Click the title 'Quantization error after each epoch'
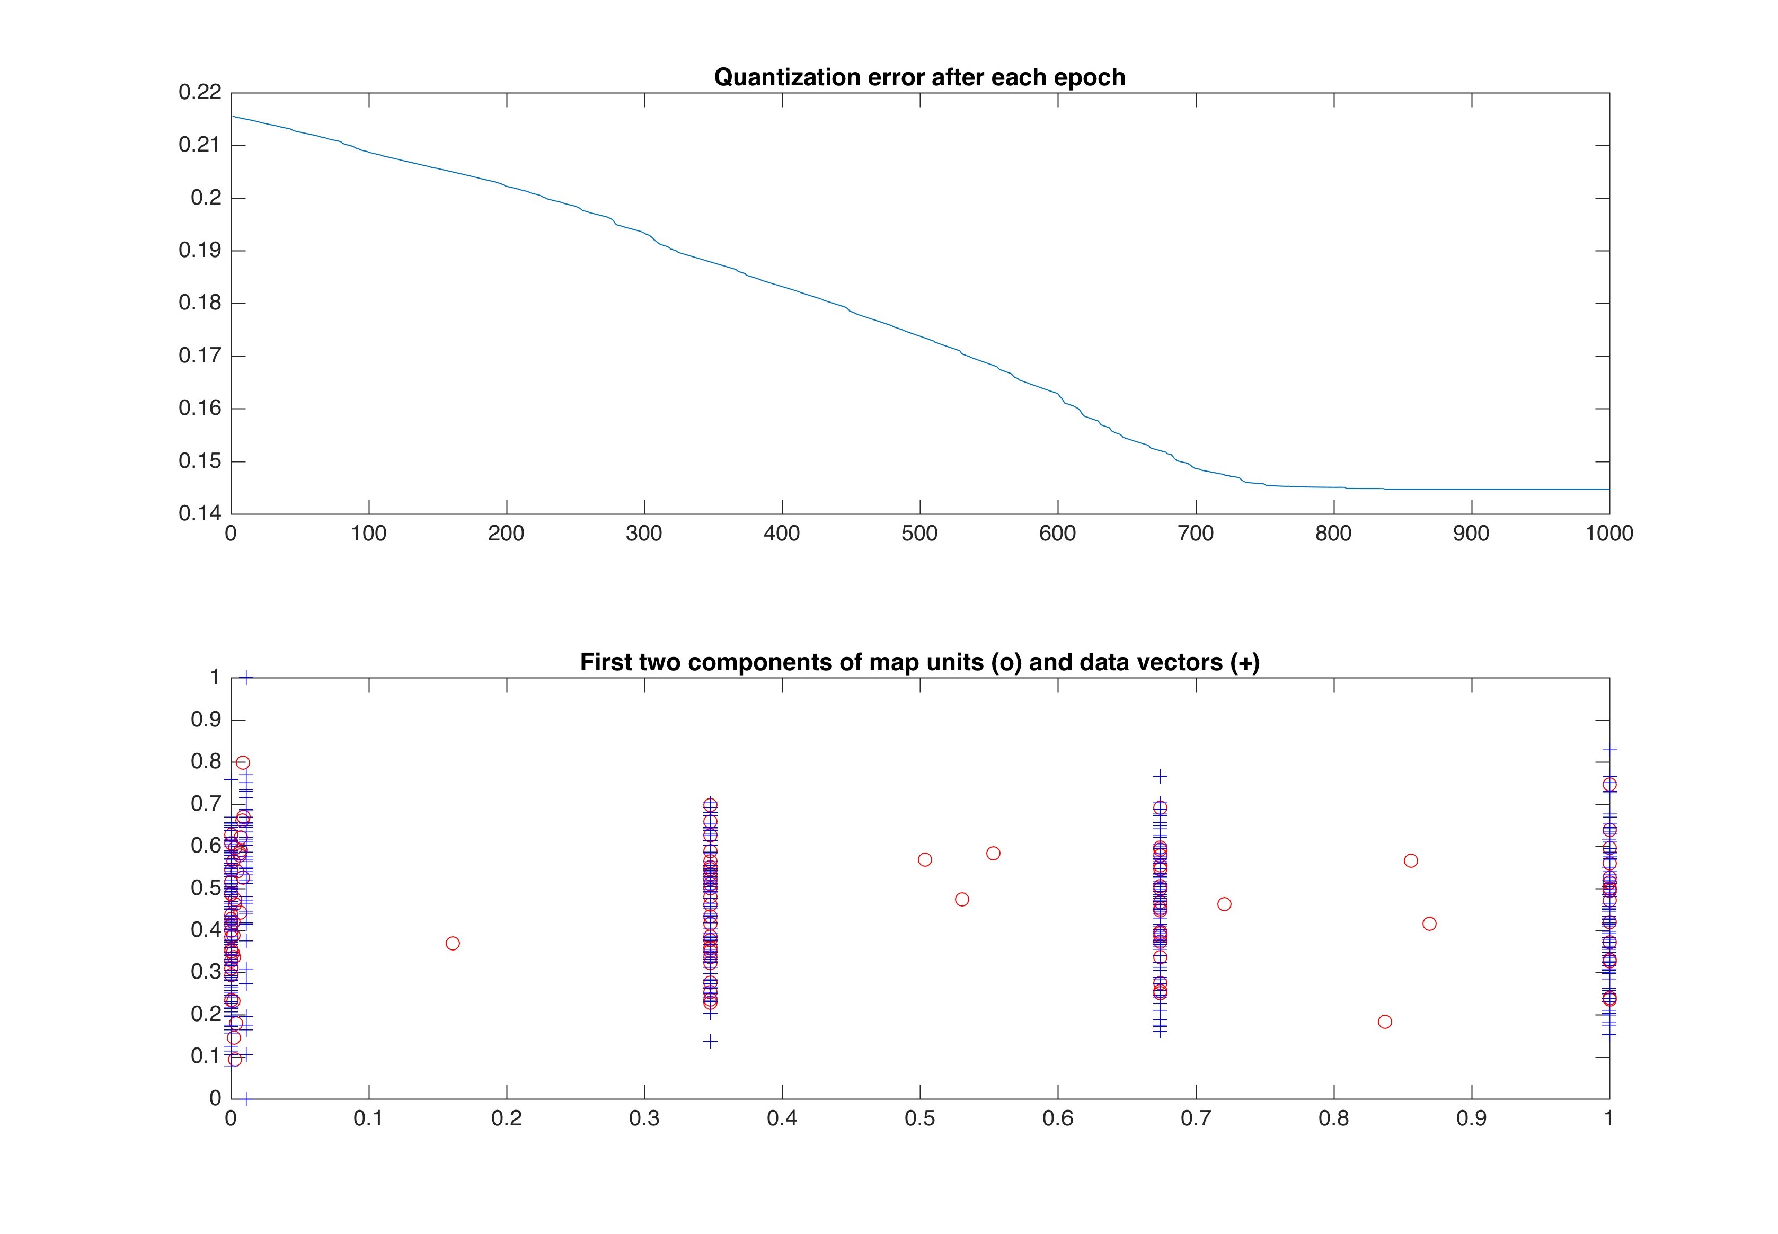(919, 77)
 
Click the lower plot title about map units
(919, 663)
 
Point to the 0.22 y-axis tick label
(200, 92)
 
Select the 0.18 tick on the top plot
(200, 303)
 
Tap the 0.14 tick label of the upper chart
(200, 513)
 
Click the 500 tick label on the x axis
(919, 534)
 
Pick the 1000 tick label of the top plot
(1608, 534)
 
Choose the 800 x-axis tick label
(1333, 534)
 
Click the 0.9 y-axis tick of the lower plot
(206, 720)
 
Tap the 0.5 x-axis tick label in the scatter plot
(919, 1119)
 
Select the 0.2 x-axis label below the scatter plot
(507, 1119)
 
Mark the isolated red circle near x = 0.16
(453, 943)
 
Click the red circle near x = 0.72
(1224, 904)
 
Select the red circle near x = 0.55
(994, 854)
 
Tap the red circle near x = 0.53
(962, 899)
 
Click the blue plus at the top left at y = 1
(246, 677)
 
